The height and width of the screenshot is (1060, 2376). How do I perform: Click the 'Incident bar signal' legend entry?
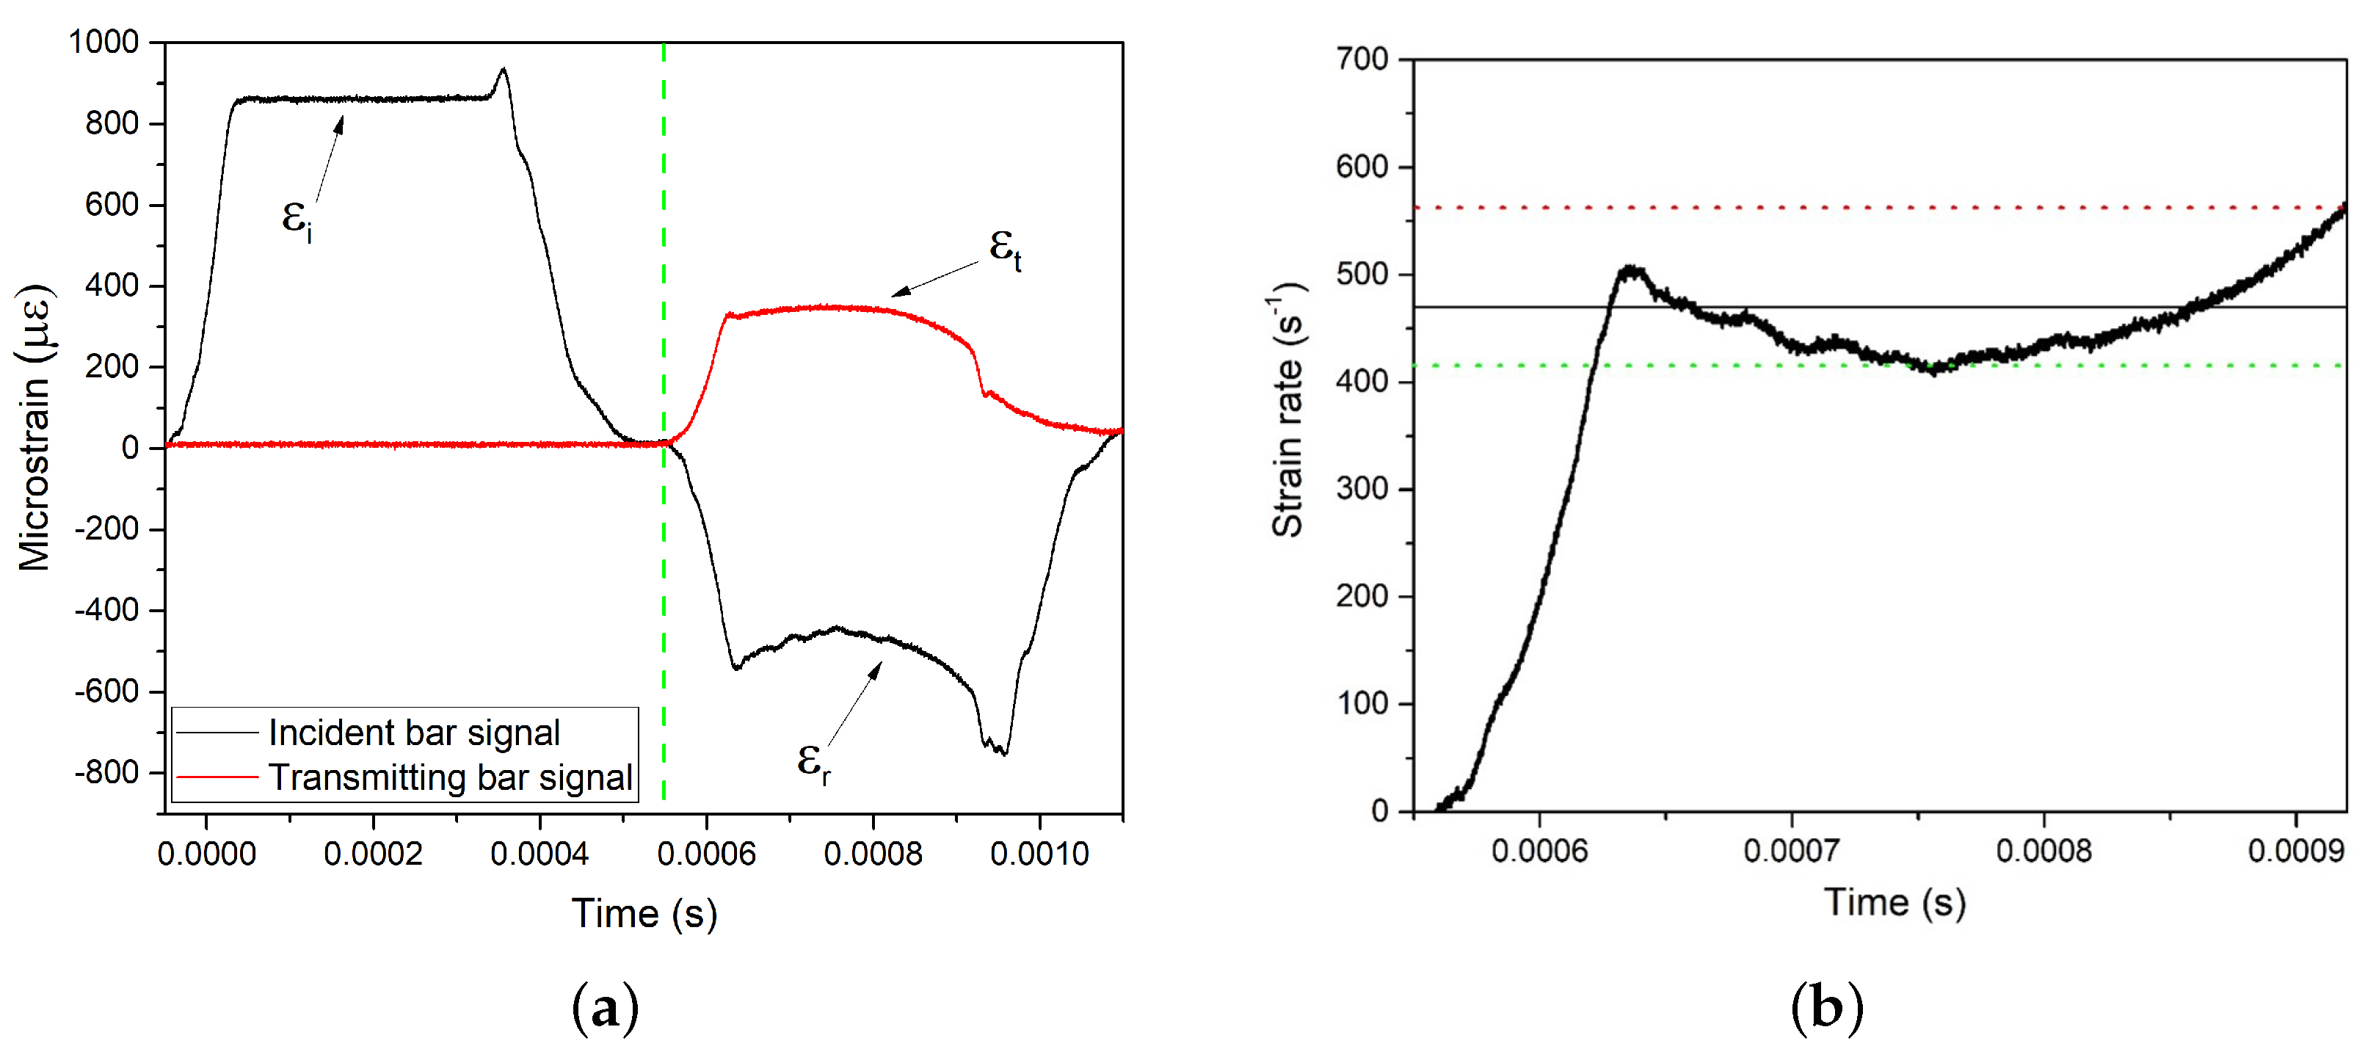[x=413, y=733]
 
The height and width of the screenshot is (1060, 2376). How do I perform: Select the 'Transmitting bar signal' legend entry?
[x=450, y=777]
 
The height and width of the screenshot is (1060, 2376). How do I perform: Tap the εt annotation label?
[x=1004, y=249]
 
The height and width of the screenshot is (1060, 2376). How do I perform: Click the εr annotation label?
[x=813, y=762]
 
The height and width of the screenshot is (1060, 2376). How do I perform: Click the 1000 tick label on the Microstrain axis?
[x=103, y=42]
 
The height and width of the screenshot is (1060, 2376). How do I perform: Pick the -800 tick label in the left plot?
[x=106, y=772]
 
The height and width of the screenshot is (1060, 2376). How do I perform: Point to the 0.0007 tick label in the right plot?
[x=1791, y=851]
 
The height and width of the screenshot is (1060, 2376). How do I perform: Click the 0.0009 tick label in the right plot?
[x=2296, y=851]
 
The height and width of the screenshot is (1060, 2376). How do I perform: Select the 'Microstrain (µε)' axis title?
[x=35, y=427]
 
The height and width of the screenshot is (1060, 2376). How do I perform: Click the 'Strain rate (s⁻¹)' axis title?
[x=1288, y=410]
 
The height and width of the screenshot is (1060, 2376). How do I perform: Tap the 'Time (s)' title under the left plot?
[x=644, y=913]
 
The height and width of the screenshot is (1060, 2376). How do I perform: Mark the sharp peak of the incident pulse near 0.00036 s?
[x=503, y=69]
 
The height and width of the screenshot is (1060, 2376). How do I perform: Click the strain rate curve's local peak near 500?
[x=1631, y=269]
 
